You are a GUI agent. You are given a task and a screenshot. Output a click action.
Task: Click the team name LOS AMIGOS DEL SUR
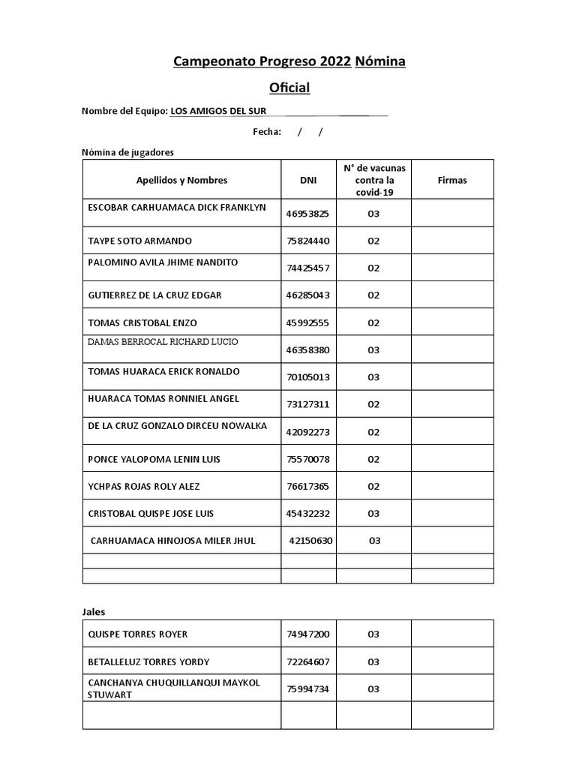[x=218, y=111]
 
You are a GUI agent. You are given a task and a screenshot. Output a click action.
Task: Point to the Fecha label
[x=266, y=132]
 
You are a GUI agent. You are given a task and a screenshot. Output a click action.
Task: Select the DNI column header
[x=307, y=180]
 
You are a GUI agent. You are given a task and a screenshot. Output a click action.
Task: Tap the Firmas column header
[x=451, y=180]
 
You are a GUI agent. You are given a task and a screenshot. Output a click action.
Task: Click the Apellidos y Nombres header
[x=181, y=180]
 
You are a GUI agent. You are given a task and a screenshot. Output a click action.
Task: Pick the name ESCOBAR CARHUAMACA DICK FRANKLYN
[x=177, y=207]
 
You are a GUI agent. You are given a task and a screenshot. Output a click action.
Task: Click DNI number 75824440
[x=307, y=241]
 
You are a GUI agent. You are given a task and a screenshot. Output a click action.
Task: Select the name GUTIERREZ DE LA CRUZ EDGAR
[x=154, y=295]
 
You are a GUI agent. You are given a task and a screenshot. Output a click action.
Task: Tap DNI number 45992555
[x=307, y=322]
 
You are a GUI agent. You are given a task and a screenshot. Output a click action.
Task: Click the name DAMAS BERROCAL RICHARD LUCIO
[x=163, y=342]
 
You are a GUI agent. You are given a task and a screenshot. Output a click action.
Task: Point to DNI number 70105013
[x=307, y=377]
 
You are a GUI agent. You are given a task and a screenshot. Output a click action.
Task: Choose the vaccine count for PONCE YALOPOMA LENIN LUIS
[x=373, y=459]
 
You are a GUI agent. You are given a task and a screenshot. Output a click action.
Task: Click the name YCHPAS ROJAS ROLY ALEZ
[x=144, y=486]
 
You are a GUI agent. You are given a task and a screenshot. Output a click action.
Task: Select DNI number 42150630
[x=310, y=541]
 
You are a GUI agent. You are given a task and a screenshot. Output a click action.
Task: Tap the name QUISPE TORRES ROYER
[x=138, y=634]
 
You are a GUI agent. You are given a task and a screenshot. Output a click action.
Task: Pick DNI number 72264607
[x=307, y=661]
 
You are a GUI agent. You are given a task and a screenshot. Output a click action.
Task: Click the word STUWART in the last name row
[x=109, y=694]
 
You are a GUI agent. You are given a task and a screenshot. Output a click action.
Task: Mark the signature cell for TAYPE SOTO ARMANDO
[x=451, y=241]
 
